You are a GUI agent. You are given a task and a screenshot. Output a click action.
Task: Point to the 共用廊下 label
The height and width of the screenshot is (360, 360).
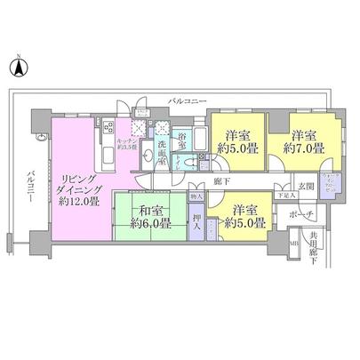click(x=313, y=244)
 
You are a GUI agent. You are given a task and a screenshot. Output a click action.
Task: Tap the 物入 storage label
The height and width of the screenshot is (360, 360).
click(x=196, y=196)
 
